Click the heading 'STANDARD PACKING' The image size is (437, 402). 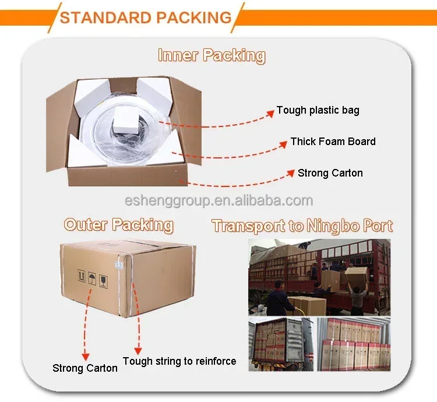click(x=145, y=17)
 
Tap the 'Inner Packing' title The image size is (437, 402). click(x=212, y=56)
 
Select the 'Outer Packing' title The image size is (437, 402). click(x=118, y=225)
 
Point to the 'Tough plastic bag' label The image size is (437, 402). click(x=318, y=110)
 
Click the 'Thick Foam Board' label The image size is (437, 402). click(x=333, y=142)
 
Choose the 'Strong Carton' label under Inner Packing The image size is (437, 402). click(x=330, y=173)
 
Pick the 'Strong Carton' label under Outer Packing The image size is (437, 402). click(x=85, y=368)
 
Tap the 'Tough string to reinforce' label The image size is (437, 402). click(x=179, y=361)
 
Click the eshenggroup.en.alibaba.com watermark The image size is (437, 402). click(x=218, y=201)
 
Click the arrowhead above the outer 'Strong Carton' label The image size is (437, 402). click(x=86, y=356)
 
